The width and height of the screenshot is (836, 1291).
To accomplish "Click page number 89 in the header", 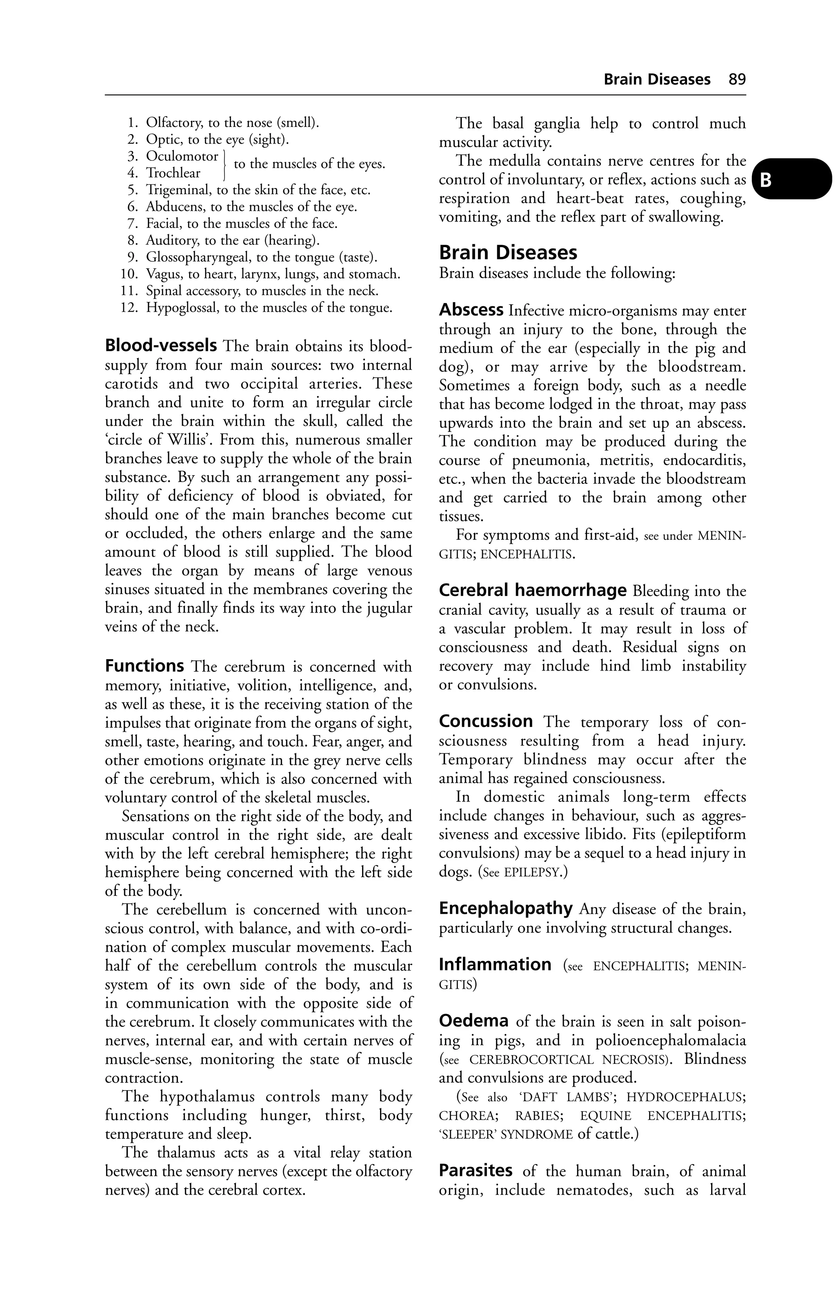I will (737, 80).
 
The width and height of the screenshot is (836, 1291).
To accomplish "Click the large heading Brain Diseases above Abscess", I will (508, 253).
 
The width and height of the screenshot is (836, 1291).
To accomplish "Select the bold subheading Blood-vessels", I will (161, 345).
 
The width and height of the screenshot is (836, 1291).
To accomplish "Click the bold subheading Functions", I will (145, 666).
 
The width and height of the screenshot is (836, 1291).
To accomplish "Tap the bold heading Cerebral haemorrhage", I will (533, 590).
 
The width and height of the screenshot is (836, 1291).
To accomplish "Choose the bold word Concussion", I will (486, 722).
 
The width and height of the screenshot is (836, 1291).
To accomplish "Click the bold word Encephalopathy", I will (506, 908).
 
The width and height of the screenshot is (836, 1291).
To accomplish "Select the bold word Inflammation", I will (495, 964).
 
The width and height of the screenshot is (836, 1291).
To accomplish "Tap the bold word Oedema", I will (474, 1021).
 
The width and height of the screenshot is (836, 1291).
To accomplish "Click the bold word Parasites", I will (476, 1171).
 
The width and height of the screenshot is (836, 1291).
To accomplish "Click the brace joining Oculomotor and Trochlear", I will (225, 164).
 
